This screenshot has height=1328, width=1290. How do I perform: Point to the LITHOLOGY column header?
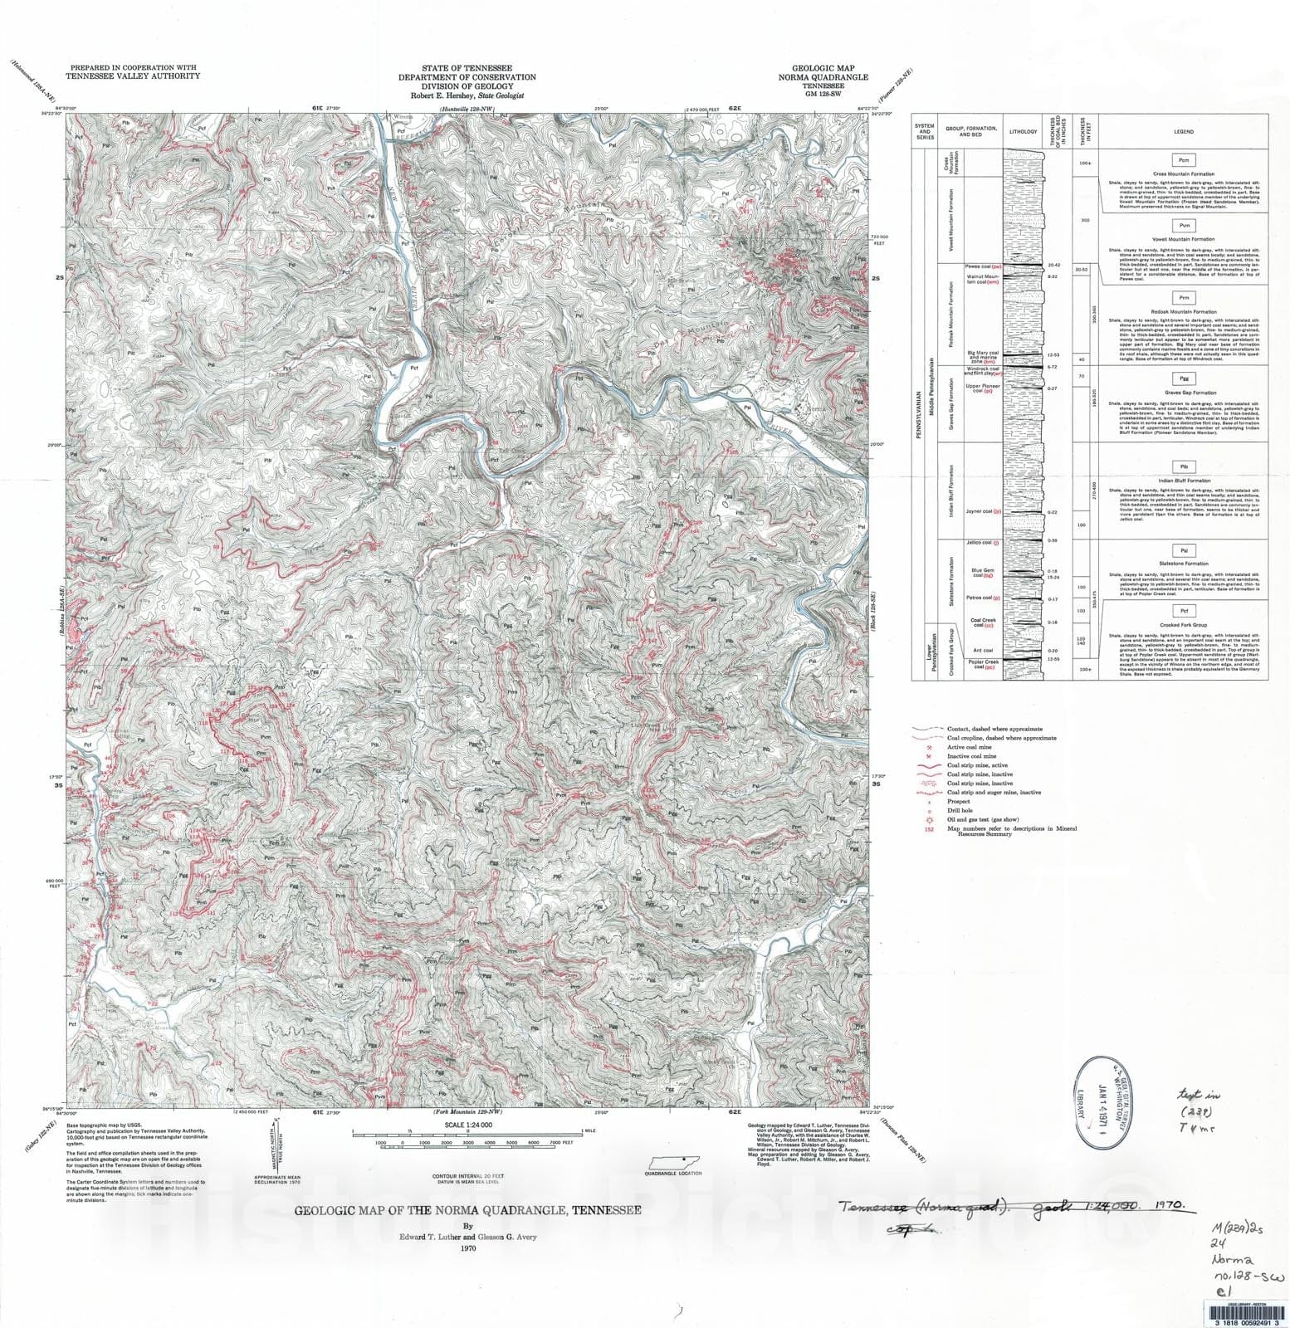pos(1023,131)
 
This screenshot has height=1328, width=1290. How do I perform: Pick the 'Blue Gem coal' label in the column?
pos(982,573)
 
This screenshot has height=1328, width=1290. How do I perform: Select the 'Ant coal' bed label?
pos(983,650)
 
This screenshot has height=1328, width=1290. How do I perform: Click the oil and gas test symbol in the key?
pos(930,819)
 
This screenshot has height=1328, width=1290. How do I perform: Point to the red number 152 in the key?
pos(930,828)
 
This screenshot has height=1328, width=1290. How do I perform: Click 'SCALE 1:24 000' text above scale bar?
pos(468,1125)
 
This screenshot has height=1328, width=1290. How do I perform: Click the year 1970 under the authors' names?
pos(467,1247)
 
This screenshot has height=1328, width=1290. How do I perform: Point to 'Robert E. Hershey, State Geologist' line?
pos(467,95)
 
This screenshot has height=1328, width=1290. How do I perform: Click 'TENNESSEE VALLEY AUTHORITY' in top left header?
pos(134,76)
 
